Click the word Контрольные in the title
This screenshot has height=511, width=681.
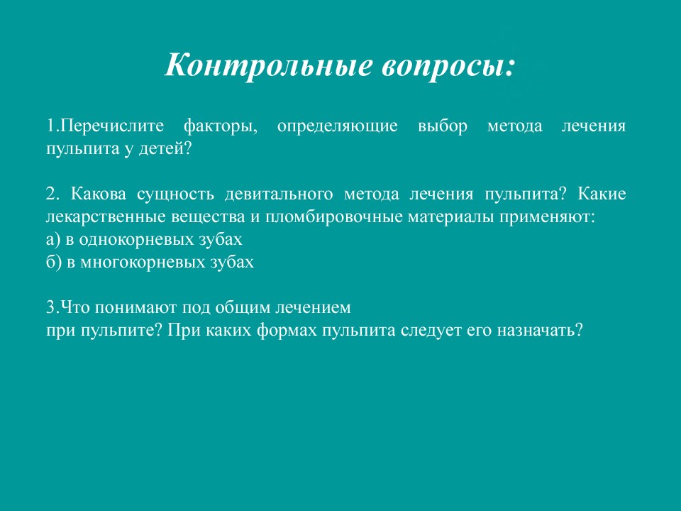(x=268, y=65)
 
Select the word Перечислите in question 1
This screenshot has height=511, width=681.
(x=112, y=126)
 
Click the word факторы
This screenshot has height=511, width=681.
(x=220, y=127)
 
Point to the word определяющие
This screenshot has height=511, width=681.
(x=337, y=127)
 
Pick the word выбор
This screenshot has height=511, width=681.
(x=443, y=126)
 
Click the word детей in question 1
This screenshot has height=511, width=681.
(x=160, y=150)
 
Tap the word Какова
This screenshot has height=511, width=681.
(x=99, y=194)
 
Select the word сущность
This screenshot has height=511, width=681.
(x=175, y=194)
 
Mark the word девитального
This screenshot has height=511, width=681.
(x=279, y=194)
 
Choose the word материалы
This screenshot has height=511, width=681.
(x=451, y=217)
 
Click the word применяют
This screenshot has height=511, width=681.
(x=545, y=217)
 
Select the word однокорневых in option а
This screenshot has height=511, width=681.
(x=136, y=240)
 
